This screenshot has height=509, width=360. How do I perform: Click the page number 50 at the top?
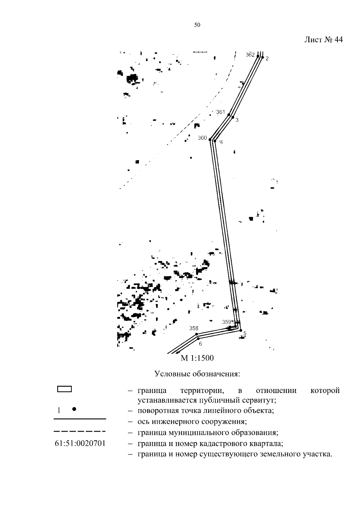point(197,25)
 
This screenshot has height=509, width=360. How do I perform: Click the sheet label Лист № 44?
point(323,40)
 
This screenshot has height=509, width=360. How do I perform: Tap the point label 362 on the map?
point(250,55)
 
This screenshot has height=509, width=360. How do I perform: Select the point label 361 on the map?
point(220,112)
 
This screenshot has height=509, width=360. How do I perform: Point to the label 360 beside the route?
point(202,138)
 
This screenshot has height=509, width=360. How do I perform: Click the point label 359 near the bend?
point(226,322)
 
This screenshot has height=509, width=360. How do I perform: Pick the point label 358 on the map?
point(194,328)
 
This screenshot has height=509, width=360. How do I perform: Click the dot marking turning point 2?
point(262,57)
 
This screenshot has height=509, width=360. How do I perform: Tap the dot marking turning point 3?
point(232,117)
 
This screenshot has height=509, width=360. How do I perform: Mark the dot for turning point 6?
point(198,338)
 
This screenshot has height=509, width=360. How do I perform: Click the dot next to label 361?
point(229,115)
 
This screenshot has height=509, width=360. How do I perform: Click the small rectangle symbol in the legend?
point(64,389)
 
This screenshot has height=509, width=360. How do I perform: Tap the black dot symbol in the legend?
point(74,409)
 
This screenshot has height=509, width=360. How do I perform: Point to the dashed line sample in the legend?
point(80,432)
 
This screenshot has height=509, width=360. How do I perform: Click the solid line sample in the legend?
point(80,418)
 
